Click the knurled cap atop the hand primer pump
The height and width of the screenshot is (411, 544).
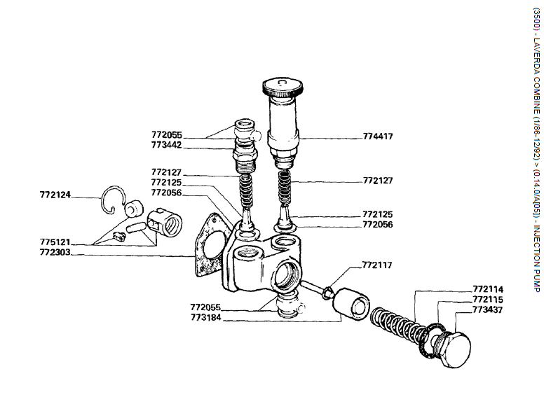point(284,88)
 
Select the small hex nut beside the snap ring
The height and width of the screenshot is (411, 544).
point(130,209)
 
